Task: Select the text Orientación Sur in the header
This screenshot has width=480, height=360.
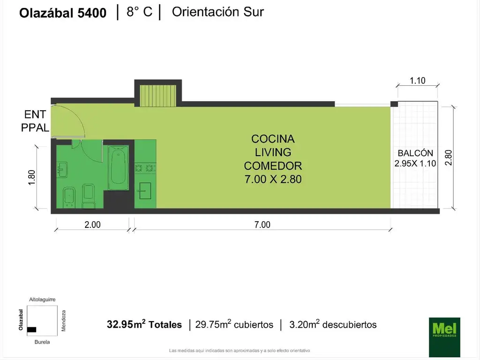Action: [218, 12]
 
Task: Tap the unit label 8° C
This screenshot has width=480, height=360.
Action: [139, 12]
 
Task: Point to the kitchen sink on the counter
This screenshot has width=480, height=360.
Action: [145, 189]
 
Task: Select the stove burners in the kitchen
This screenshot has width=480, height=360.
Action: [145, 167]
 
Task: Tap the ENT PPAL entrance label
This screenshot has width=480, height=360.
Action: [35, 121]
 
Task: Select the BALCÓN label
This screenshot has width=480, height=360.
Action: [415, 153]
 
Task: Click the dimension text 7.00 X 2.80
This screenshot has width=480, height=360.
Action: [273, 179]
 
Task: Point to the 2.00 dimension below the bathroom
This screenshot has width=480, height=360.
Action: [92, 225]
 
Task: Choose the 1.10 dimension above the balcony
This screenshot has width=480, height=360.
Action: [417, 81]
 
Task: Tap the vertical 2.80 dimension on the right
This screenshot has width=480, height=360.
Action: [449, 157]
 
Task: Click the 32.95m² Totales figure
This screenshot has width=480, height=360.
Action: [144, 324]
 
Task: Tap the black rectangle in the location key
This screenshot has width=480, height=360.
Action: [31, 330]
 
